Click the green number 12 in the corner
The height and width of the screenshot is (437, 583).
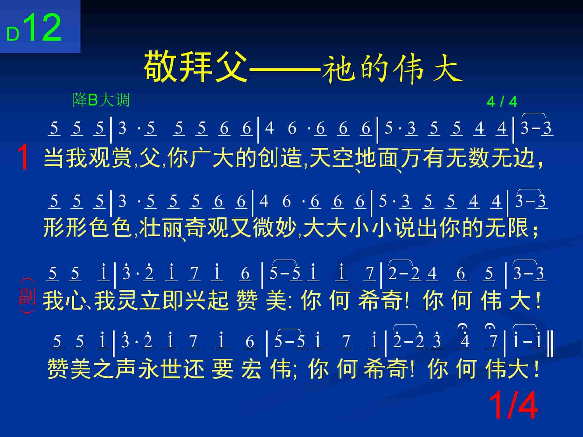pyautogui.click(x=45, y=28)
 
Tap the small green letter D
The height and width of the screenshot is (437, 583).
pyautogui.click(x=13, y=35)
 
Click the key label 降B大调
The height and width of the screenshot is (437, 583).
pyautogui.click(x=101, y=100)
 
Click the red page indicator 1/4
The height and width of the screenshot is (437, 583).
pyautogui.click(x=513, y=406)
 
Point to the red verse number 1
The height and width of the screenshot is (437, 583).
pyautogui.click(x=23, y=158)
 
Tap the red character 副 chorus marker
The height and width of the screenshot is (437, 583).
pyautogui.click(x=27, y=296)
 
